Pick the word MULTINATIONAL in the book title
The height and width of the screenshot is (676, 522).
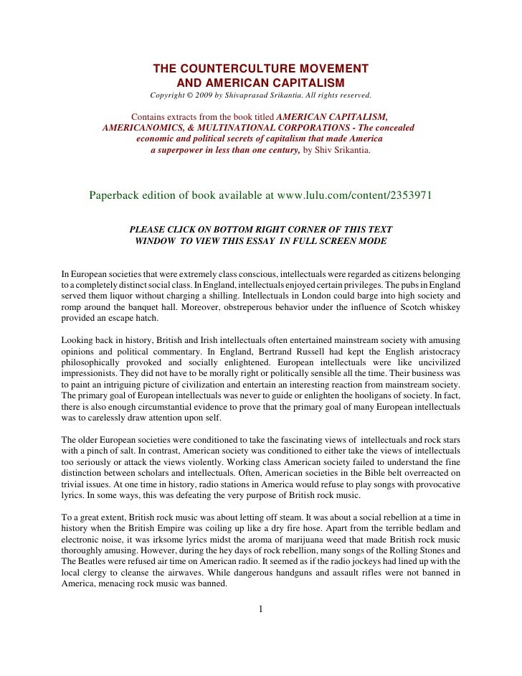240,127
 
